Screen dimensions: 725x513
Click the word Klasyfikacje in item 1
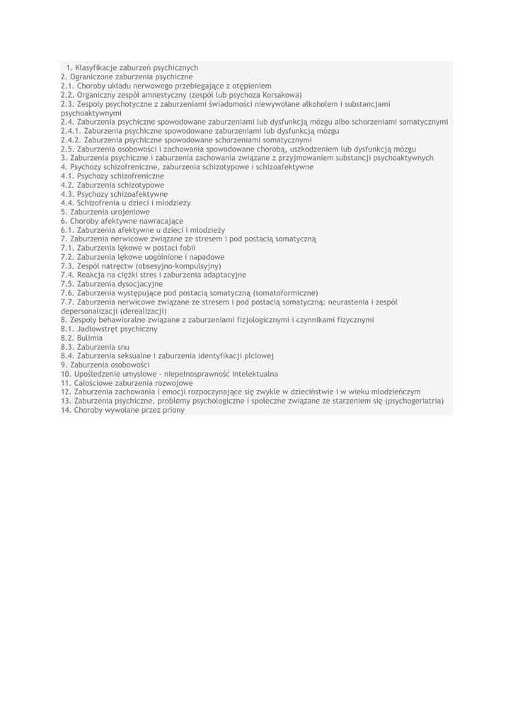tap(98, 67)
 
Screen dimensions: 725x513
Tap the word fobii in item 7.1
tap(187, 249)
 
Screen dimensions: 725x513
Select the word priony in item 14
tap(173, 410)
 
